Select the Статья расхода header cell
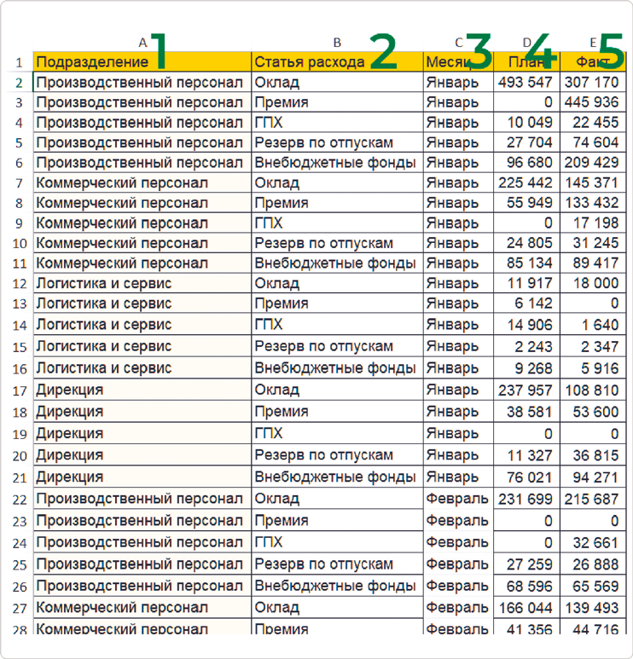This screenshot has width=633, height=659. [309, 62]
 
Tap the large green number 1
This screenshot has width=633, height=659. [162, 51]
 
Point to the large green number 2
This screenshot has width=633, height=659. [383, 51]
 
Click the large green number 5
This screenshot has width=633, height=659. [611, 51]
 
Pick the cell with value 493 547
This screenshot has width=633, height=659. [526, 83]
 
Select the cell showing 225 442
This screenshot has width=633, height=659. [526, 182]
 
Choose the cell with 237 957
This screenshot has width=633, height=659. [526, 390]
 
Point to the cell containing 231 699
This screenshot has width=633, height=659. [526, 499]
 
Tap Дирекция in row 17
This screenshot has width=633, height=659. [70, 390]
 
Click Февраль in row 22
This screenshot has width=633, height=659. [457, 499]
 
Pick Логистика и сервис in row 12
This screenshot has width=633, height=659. [104, 282]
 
